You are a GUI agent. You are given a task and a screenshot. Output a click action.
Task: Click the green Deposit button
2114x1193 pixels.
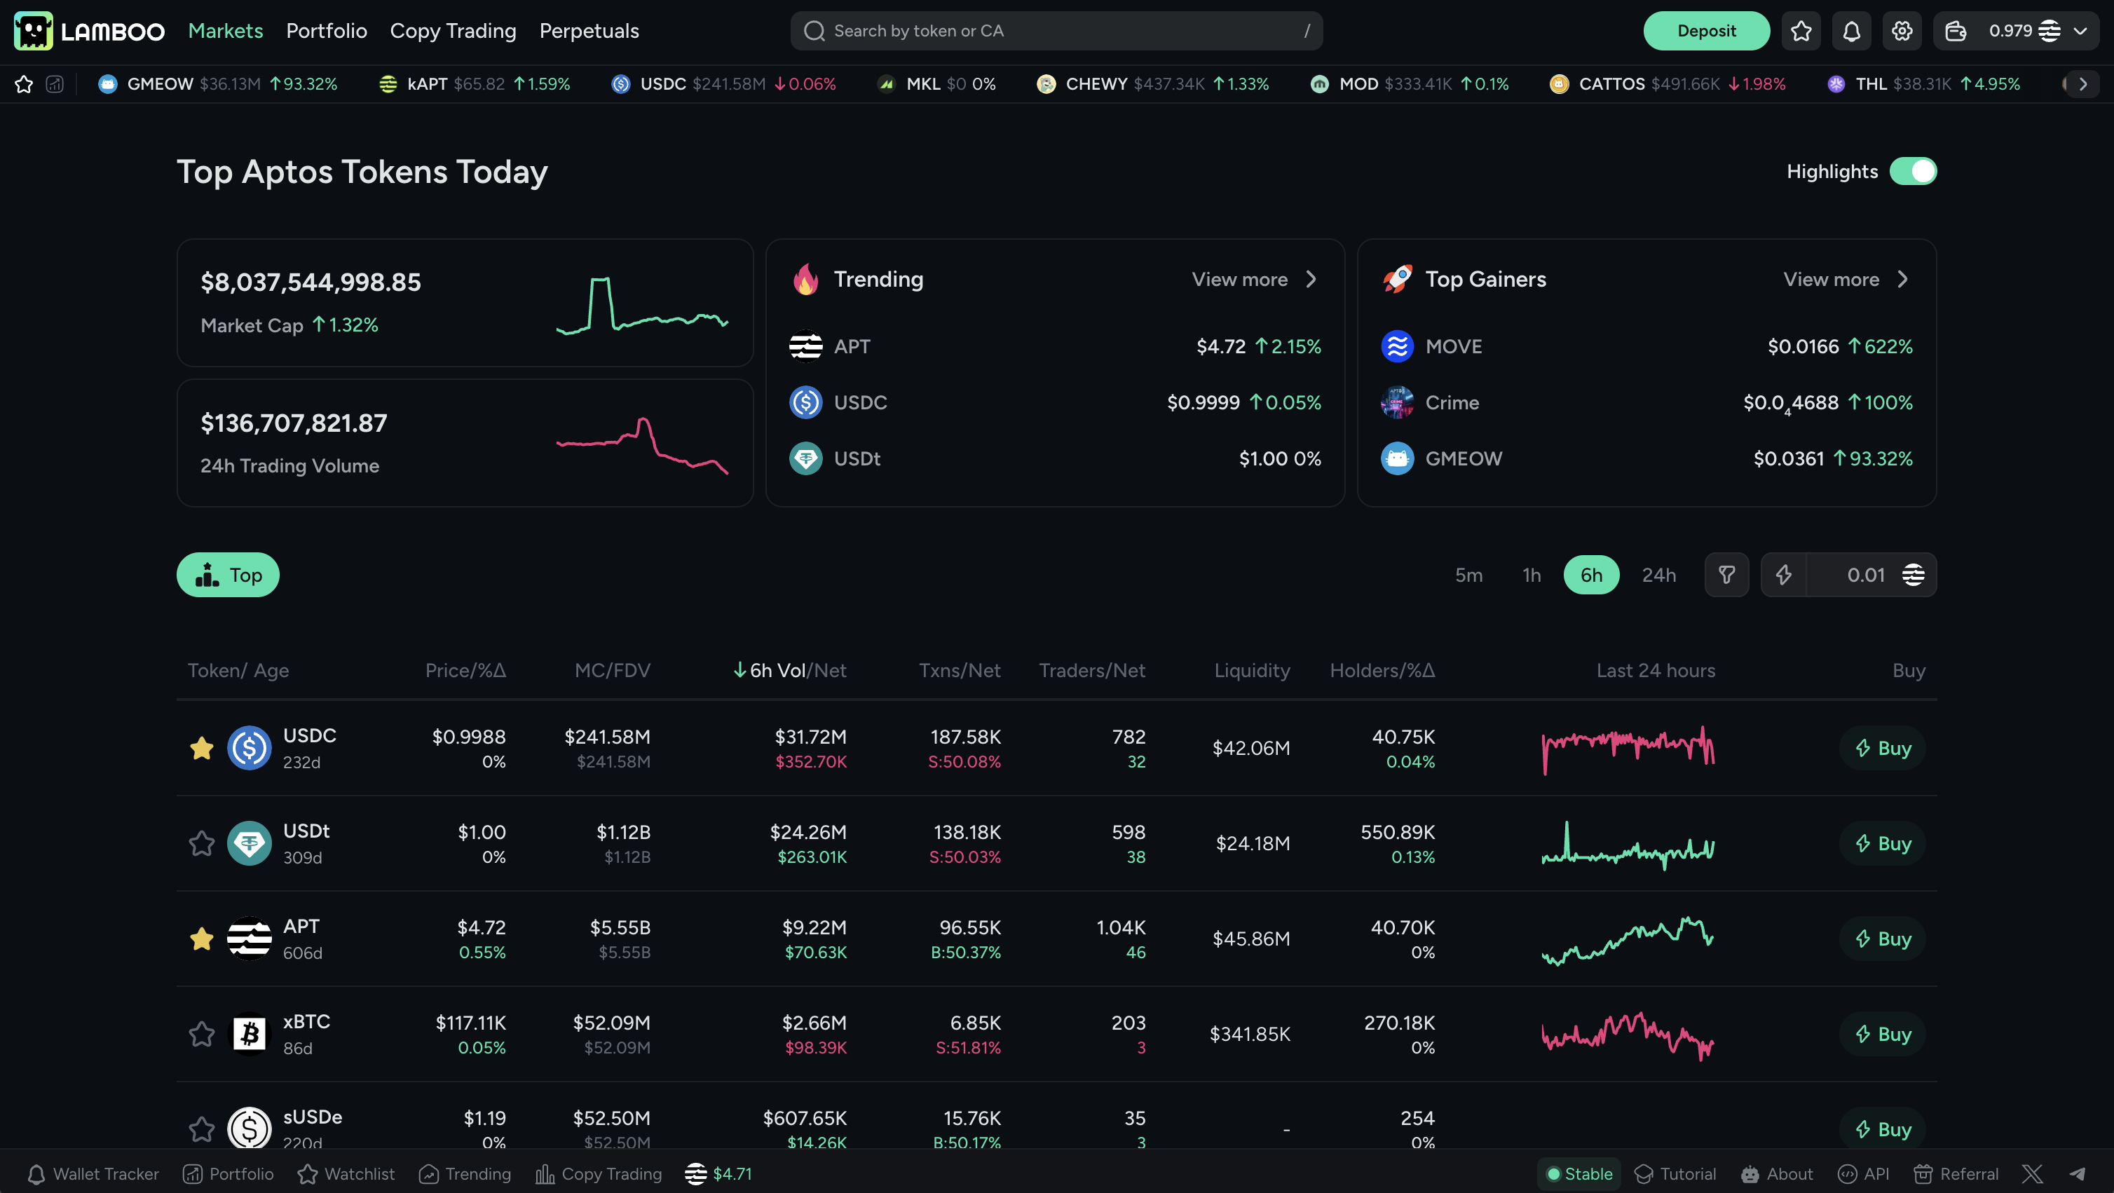1705,31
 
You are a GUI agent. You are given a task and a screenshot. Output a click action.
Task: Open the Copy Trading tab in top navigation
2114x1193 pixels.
452,31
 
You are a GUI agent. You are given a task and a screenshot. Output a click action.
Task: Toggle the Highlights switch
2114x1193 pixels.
1912,172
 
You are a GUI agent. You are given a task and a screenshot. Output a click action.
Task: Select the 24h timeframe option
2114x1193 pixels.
1658,575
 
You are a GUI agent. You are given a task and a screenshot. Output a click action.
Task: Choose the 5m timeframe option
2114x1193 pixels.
1468,575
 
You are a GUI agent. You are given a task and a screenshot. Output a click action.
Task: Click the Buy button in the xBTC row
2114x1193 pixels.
1883,1034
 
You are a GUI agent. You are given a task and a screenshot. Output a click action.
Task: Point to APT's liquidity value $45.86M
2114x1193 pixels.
1250,939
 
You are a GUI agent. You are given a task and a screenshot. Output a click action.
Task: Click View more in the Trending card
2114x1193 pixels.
1253,280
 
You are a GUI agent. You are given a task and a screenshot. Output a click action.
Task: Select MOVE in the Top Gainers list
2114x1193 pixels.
1454,346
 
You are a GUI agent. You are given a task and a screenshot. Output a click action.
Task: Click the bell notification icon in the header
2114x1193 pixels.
1851,31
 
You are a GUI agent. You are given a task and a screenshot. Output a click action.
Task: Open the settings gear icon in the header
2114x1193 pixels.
1902,31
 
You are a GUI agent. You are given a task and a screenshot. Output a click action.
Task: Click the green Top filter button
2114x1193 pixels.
228,575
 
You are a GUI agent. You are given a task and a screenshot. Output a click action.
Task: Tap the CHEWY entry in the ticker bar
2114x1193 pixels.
1152,85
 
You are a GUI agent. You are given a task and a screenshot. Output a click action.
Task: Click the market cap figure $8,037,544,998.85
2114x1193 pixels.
311,282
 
